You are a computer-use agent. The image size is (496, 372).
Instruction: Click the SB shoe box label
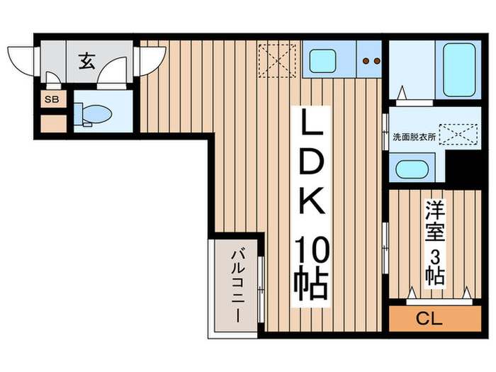(52, 99)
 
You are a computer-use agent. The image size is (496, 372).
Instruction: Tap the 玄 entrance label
(86, 61)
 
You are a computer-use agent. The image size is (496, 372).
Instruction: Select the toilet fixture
(95, 114)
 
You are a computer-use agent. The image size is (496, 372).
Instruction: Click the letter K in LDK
(310, 205)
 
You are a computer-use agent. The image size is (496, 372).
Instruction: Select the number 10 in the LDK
(310, 249)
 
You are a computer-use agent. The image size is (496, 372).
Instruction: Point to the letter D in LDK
(310, 167)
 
